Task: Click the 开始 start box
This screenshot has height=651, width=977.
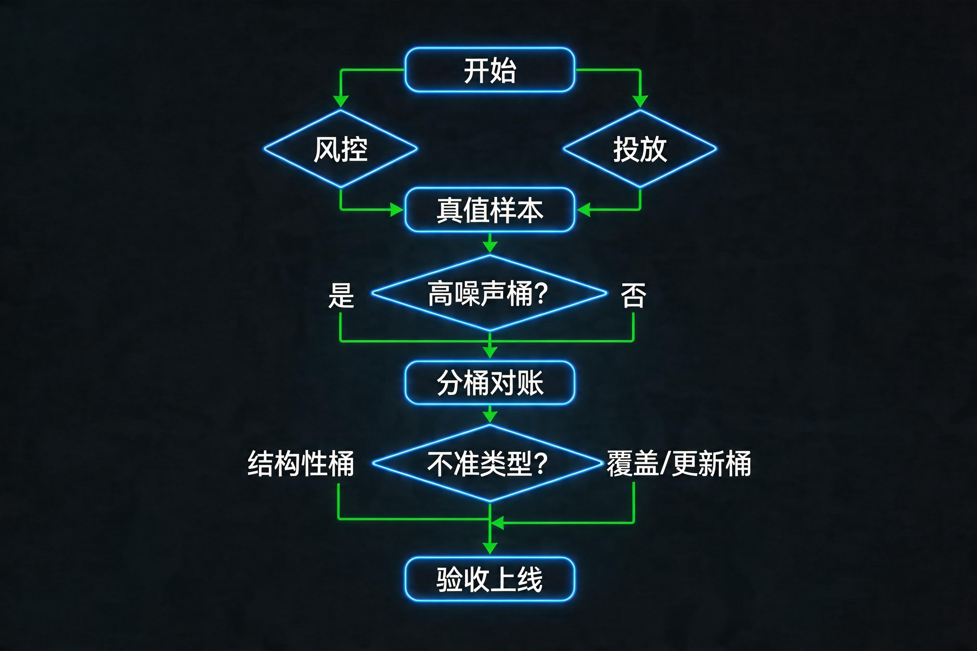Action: pyautogui.click(x=490, y=70)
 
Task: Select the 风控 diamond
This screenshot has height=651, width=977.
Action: pyautogui.click(x=341, y=149)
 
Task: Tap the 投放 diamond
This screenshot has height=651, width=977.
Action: pyautogui.click(x=640, y=149)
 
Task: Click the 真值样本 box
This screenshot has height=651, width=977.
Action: pyautogui.click(x=490, y=210)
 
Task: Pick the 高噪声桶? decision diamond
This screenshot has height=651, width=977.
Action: pyautogui.click(x=489, y=293)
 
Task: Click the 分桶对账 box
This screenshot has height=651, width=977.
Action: pyautogui.click(x=490, y=382)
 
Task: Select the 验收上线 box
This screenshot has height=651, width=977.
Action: pyautogui.click(x=490, y=579)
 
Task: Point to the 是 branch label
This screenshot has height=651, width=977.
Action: pyautogui.click(x=341, y=296)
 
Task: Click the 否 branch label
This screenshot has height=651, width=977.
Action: pyautogui.click(x=633, y=296)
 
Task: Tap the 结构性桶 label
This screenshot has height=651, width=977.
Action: pyautogui.click(x=300, y=463)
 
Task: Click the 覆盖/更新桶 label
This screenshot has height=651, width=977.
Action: pyautogui.click(x=678, y=463)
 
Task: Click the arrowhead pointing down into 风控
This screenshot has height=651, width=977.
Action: pyautogui.click(x=341, y=101)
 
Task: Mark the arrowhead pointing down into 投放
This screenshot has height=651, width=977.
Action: pyautogui.click(x=640, y=101)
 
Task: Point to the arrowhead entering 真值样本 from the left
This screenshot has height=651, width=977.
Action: pyautogui.click(x=397, y=210)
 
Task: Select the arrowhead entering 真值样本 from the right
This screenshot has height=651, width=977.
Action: pyautogui.click(x=584, y=210)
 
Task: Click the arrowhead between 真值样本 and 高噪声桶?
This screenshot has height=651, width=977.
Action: pyautogui.click(x=490, y=246)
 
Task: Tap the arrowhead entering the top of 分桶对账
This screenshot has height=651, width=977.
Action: pyautogui.click(x=490, y=352)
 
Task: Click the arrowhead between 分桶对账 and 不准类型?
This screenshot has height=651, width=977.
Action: pyautogui.click(x=490, y=416)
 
